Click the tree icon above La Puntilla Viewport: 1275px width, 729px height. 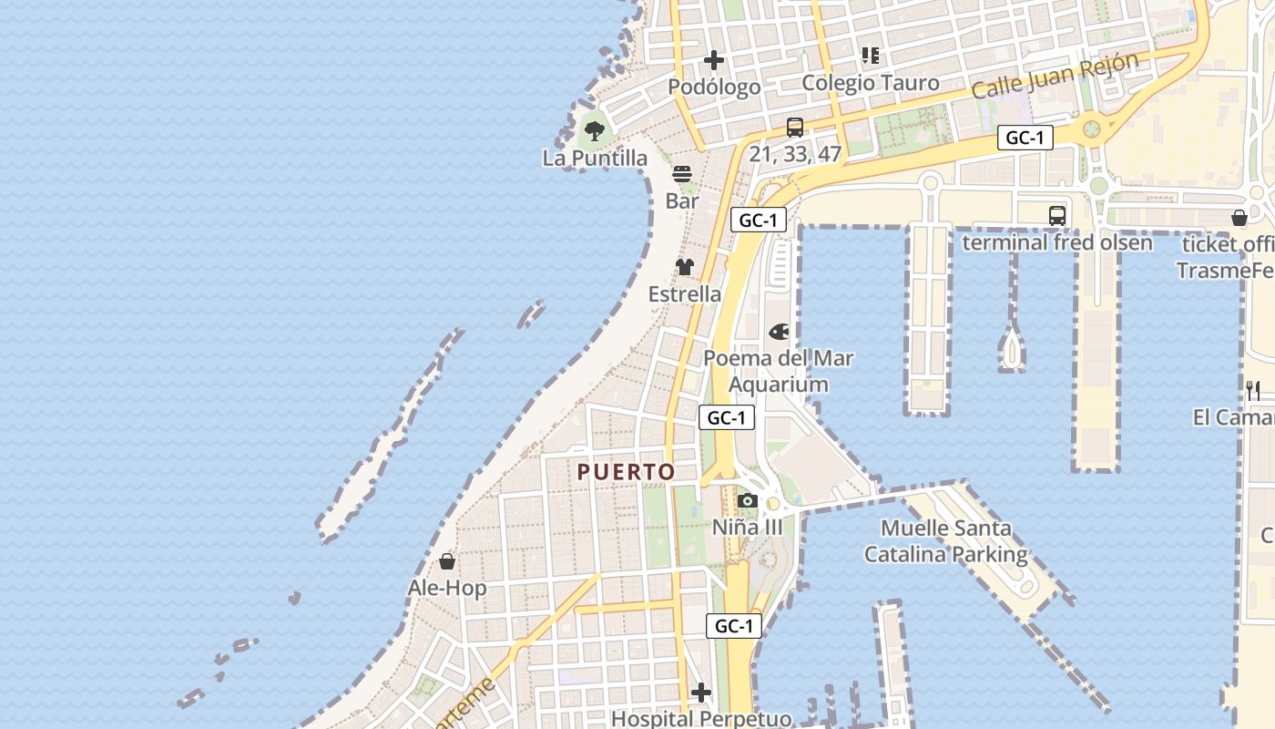(x=595, y=131)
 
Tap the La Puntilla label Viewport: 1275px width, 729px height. (x=595, y=158)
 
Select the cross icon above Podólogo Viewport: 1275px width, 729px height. (x=714, y=61)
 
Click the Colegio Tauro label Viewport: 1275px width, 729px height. (x=870, y=83)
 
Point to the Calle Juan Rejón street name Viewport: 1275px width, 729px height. (x=1055, y=76)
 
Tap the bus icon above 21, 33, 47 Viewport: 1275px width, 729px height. (x=795, y=128)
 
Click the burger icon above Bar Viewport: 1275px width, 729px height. (x=682, y=174)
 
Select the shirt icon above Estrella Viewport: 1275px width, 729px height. (x=685, y=267)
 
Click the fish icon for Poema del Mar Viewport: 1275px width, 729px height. (x=779, y=332)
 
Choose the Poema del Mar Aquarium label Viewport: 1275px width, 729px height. (x=779, y=371)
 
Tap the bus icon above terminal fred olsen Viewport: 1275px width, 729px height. (x=1056, y=216)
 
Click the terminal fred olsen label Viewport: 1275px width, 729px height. (x=1056, y=242)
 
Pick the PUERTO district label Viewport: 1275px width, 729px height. (x=626, y=472)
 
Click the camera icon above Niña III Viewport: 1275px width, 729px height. (x=747, y=500)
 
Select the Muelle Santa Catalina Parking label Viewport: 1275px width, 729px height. (x=945, y=540)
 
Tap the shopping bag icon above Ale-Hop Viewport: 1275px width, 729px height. (x=447, y=561)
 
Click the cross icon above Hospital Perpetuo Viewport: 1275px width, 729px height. (x=700, y=693)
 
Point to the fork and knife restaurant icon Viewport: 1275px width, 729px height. (x=1253, y=391)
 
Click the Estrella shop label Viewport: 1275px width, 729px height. (x=685, y=294)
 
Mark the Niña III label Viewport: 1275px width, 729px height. (x=747, y=527)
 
